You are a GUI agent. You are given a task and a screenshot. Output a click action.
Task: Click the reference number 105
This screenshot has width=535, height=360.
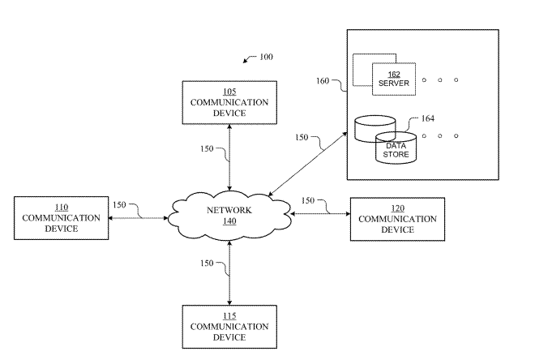click(229, 92)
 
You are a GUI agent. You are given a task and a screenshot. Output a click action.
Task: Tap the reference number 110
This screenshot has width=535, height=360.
click(62, 207)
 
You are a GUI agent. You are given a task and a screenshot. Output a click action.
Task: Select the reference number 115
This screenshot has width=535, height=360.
click(229, 316)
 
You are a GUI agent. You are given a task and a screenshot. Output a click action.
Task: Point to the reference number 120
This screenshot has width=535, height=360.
click(397, 208)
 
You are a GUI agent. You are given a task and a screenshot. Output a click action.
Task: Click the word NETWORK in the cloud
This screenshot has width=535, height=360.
click(229, 210)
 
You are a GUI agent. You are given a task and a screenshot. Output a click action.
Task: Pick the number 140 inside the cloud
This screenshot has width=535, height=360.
click(229, 221)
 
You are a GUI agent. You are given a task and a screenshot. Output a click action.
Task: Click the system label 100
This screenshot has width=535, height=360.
click(266, 57)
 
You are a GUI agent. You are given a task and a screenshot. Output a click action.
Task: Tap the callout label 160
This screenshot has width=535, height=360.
click(323, 81)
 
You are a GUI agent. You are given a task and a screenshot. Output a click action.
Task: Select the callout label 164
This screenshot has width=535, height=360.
click(428, 118)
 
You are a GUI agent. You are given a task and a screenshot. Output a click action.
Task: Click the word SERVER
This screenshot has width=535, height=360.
click(394, 84)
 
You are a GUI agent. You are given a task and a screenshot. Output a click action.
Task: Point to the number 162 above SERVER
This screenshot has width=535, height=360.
click(394, 75)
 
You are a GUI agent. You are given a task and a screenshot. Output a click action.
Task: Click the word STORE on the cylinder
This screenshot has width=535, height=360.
click(396, 154)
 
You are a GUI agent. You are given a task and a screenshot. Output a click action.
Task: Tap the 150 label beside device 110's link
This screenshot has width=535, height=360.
click(119, 205)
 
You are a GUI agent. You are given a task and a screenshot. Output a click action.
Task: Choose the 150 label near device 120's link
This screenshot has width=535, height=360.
click(308, 200)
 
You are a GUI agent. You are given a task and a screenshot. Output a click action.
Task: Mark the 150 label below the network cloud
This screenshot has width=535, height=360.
click(207, 263)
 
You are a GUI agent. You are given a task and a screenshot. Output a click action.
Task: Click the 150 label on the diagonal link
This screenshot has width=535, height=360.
click(302, 137)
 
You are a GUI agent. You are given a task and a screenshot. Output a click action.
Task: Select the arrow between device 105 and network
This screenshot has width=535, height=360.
click(229, 157)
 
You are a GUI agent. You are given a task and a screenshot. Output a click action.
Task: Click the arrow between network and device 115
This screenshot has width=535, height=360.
click(229, 273)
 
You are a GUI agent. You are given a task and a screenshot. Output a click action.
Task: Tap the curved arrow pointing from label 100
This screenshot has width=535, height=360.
click(249, 58)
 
